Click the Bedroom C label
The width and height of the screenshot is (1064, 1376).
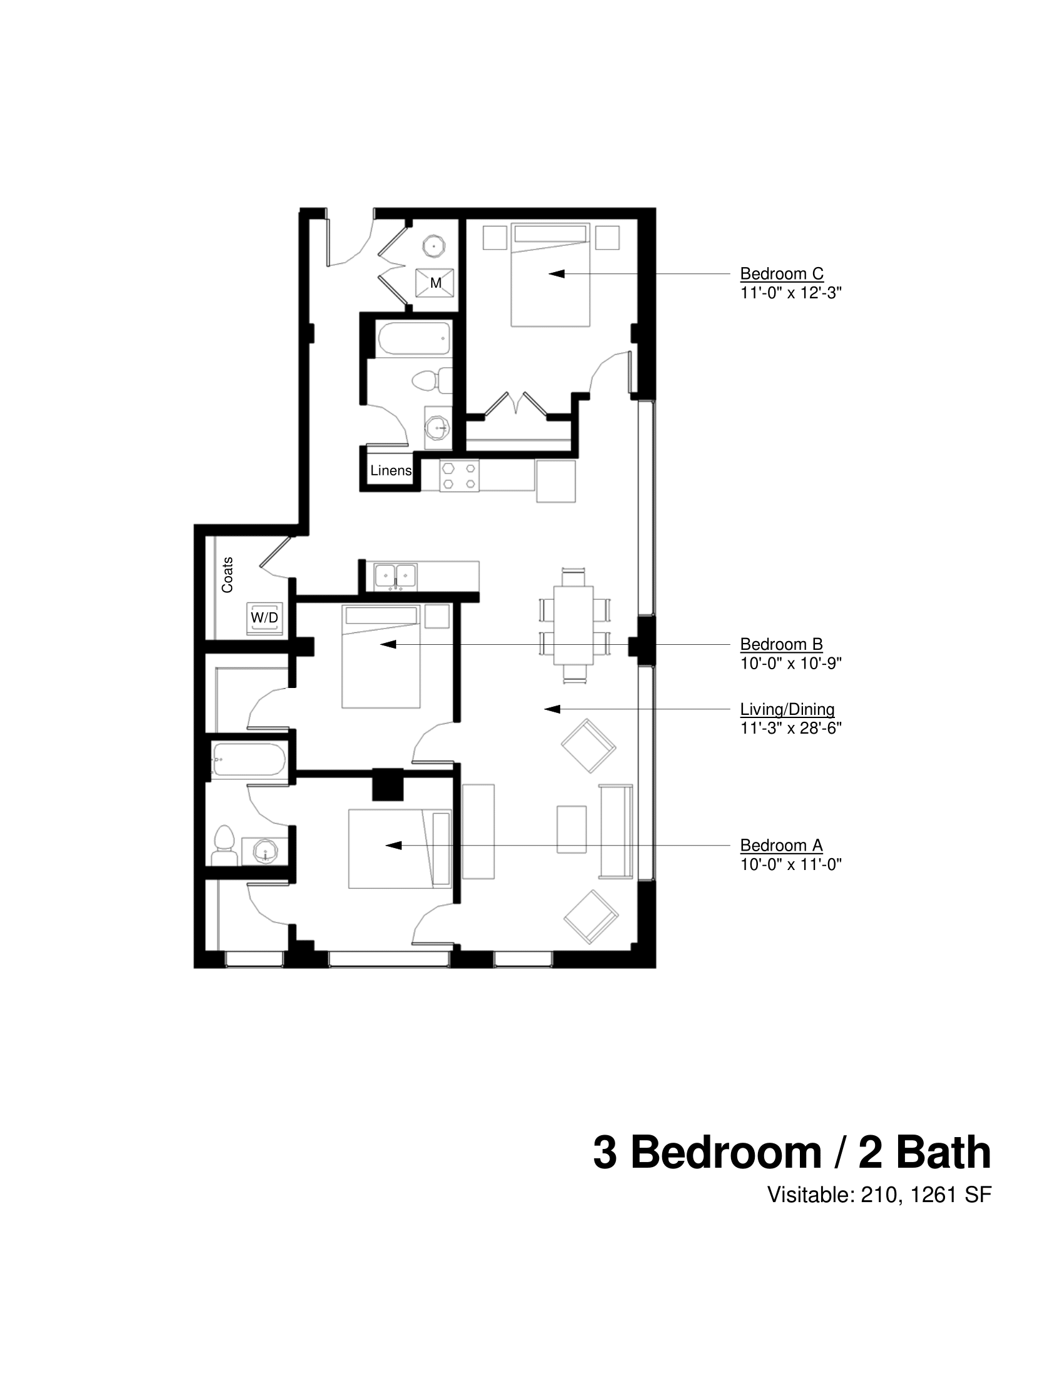(x=781, y=274)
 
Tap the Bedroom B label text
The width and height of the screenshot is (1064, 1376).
(x=781, y=644)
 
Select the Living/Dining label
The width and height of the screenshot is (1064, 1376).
(x=787, y=709)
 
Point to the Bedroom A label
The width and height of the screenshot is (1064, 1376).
(x=781, y=846)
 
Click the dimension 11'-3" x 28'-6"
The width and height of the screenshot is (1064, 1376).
(x=790, y=728)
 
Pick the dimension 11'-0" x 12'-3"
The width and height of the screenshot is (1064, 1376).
(x=790, y=293)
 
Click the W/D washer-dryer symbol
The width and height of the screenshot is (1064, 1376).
(x=264, y=618)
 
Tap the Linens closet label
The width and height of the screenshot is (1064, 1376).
(x=391, y=470)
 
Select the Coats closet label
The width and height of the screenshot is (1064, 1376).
(x=227, y=575)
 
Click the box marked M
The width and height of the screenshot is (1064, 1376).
(x=435, y=283)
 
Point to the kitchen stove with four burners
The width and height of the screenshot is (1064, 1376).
(x=459, y=476)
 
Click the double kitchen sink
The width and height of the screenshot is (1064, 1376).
(x=395, y=577)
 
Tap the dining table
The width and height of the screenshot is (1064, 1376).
(x=573, y=625)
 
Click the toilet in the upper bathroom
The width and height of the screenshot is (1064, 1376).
(x=432, y=380)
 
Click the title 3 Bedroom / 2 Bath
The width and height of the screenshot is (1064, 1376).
(x=792, y=1153)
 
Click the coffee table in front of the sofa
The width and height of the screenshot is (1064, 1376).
(x=571, y=829)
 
